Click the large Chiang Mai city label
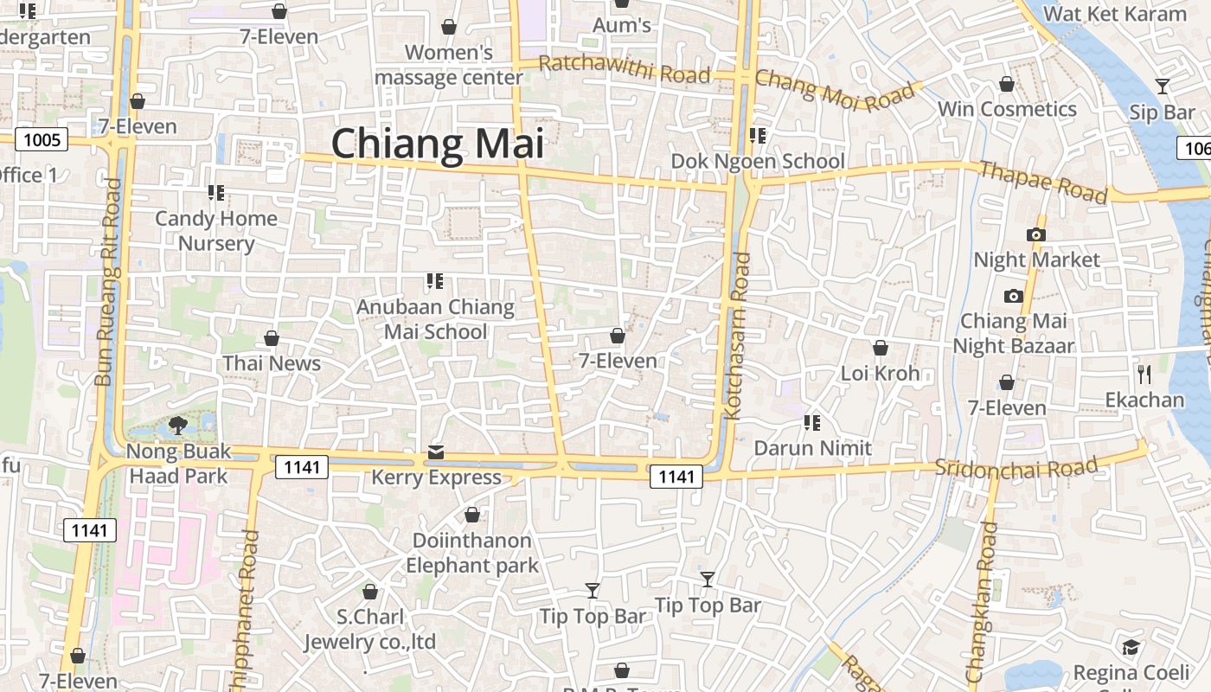pos(438,144)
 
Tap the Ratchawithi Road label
pos(624,68)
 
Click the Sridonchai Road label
pos(1016,468)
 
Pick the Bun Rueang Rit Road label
pos(108,281)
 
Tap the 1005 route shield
pos(41,139)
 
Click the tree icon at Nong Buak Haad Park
pos(178,425)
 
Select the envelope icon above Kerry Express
pos(436,452)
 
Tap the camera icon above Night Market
pos(1035,234)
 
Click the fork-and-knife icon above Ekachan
pos(1144,374)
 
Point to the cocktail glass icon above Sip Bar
pos(1162,86)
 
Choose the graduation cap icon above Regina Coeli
pos(1131,647)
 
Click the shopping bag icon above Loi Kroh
pos(880,348)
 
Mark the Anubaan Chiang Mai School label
pos(436,319)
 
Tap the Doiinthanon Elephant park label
pos(471,553)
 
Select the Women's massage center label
pos(449,65)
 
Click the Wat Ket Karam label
pos(1115,14)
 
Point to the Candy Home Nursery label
pos(216,231)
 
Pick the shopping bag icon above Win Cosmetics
pos(1007,85)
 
